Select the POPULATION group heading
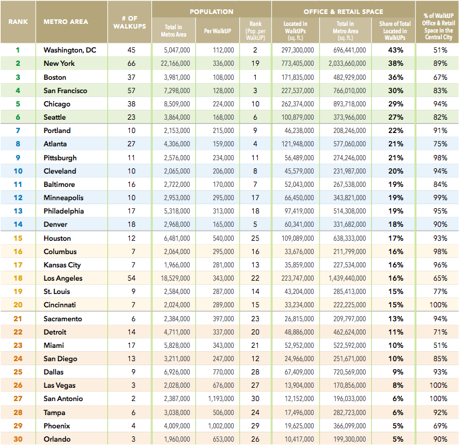click(x=211, y=12)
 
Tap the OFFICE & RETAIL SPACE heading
click(x=343, y=12)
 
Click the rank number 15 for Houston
click(x=18, y=238)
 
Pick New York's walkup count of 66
click(x=131, y=63)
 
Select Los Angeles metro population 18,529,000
click(x=177, y=278)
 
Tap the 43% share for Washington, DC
click(x=396, y=50)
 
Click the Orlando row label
click(x=57, y=439)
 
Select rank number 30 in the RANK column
click(x=18, y=439)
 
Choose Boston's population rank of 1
click(x=255, y=76)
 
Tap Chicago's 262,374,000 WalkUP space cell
click(x=295, y=104)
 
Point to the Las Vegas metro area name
click(x=60, y=386)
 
